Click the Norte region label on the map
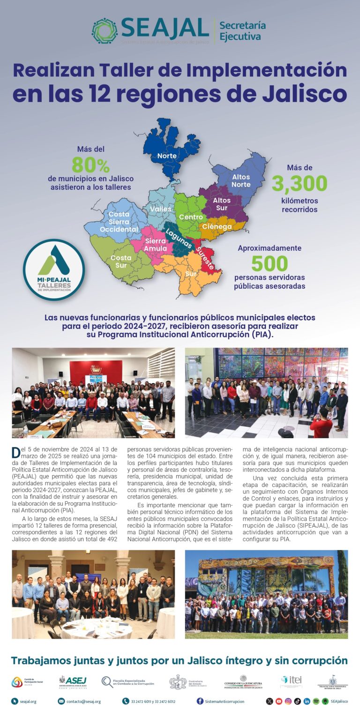[167, 156]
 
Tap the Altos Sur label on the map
[221, 204]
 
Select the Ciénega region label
[217, 227]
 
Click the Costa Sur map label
[121, 262]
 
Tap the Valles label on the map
[160, 209]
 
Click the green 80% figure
[90, 165]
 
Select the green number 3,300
[299, 183]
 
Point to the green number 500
[269, 264]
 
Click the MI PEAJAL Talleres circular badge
[53, 269]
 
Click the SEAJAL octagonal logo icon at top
[105, 31]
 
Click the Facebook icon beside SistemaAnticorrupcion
[200, 701]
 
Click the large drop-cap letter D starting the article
[16, 453]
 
